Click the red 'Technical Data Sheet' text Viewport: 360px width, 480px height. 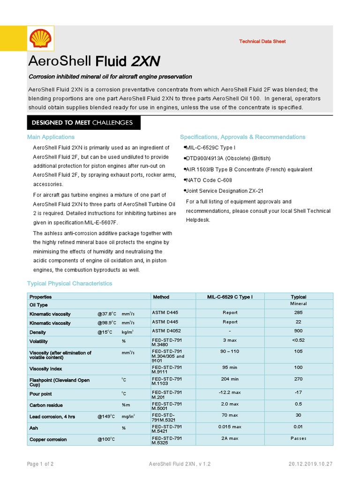pyautogui.click(x=262, y=41)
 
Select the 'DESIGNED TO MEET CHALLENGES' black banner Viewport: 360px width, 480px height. pyautogui.click(x=82, y=123)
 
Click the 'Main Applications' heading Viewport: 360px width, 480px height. pyautogui.click(x=51, y=137)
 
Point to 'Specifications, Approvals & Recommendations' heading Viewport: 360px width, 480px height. pyautogui.click(x=242, y=137)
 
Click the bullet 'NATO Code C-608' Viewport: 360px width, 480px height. pyautogui.click(x=209, y=180)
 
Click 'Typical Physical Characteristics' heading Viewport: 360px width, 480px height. pyautogui.click(x=70, y=284)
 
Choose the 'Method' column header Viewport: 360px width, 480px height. pyautogui.click(x=161, y=297)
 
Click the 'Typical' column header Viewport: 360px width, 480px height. pyautogui.click(x=298, y=297)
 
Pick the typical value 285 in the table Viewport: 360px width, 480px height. pyautogui.click(x=298, y=313)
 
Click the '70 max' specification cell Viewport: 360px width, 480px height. pyautogui.click(x=230, y=415)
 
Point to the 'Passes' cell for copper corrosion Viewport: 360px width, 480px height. pyautogui.click(x=298, y=439)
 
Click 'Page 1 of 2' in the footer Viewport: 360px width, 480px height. pyautogui.click(x=40, y=464)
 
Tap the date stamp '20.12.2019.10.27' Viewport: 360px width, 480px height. pyautogui.click(x=310, y=464)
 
